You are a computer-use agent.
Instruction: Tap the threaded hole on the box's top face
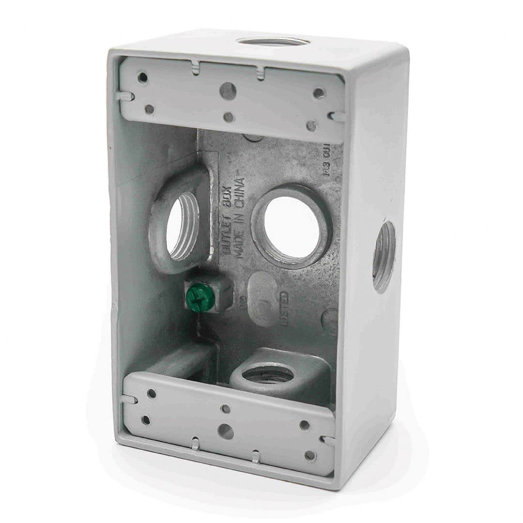274,42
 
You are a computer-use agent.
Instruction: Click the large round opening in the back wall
292,226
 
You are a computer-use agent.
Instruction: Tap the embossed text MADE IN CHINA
240,218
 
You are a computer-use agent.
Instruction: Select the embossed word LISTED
284,308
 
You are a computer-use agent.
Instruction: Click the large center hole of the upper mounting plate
228,90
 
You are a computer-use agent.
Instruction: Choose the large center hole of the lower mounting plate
226,431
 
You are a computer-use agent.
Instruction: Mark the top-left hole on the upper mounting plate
142,77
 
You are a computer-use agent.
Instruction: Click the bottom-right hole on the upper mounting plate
311,125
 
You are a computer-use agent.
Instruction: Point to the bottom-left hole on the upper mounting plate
149,109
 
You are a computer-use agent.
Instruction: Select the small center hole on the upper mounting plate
229,117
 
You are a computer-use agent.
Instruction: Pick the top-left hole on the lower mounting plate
152,393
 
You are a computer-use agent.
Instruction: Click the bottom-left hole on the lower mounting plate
146,420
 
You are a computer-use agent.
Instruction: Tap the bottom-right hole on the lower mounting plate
310,455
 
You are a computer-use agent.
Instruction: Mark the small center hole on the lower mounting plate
225,409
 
